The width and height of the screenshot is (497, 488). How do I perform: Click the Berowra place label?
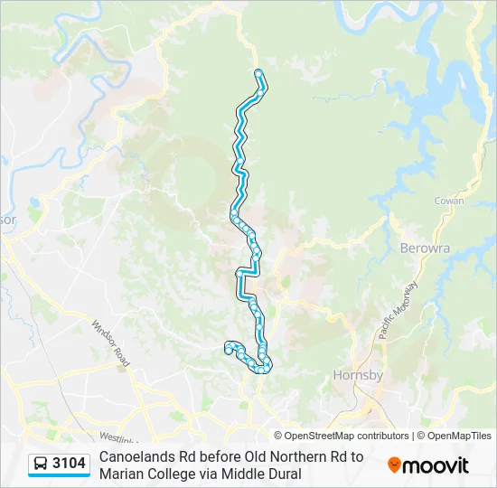coord(422,248)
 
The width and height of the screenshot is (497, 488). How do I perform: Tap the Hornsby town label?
coord(359,375)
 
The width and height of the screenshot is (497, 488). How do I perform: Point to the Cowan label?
coord(449,202)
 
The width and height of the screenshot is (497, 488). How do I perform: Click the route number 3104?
coord(70,464)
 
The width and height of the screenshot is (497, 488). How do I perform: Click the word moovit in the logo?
coord(436,465)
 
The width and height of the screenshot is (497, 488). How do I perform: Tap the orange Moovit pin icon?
coord(395,465)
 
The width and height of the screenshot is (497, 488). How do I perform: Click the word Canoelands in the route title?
coord(136,456)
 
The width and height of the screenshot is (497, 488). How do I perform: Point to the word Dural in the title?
coord(282,474)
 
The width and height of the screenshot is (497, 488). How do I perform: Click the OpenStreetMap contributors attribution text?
coord(345,436)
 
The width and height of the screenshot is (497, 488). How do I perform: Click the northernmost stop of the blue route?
coord(258,72)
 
